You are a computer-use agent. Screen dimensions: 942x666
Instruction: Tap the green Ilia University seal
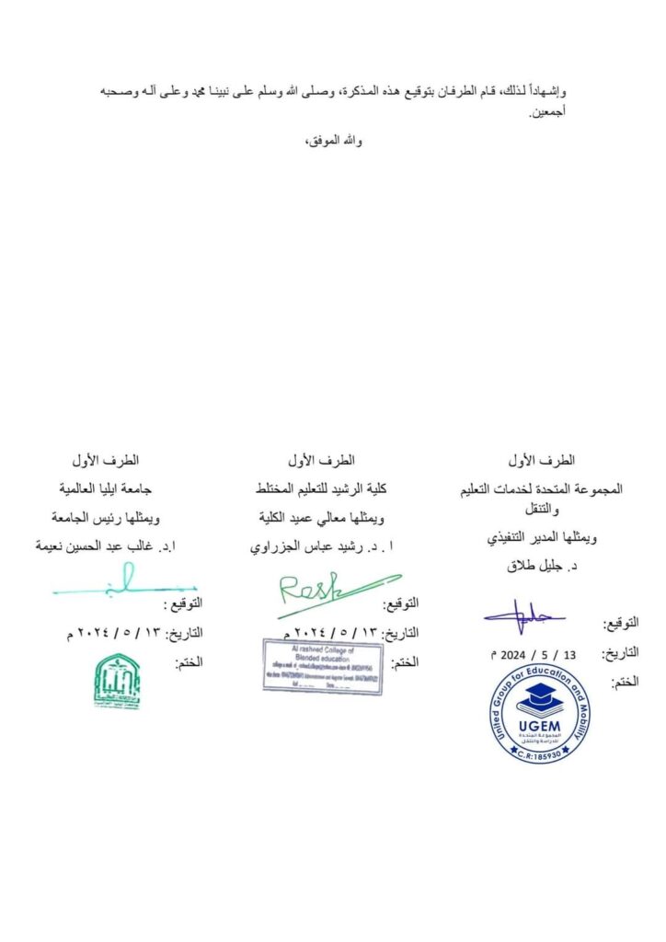(x=117, y=681)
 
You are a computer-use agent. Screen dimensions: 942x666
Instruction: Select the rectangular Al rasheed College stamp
(x=323, y=667)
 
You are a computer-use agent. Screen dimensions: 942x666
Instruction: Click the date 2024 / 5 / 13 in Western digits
(x=534, y=655)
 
